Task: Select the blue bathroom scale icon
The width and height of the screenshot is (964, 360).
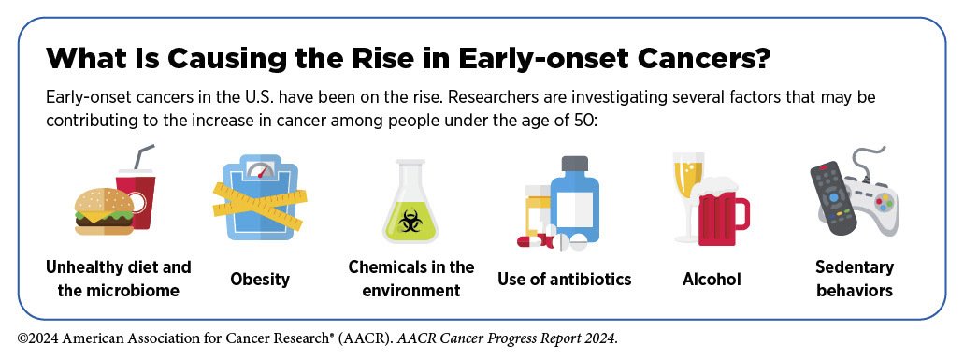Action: coord(259,197)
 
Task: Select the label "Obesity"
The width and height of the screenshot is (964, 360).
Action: coord(260,280)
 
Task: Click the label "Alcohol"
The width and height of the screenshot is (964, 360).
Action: coord(712,280)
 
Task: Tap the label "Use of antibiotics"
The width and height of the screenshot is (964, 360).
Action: coord(565,280)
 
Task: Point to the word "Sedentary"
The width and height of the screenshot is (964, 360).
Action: coord(855,267)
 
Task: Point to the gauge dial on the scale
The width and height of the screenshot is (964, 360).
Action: coord(259,169)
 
